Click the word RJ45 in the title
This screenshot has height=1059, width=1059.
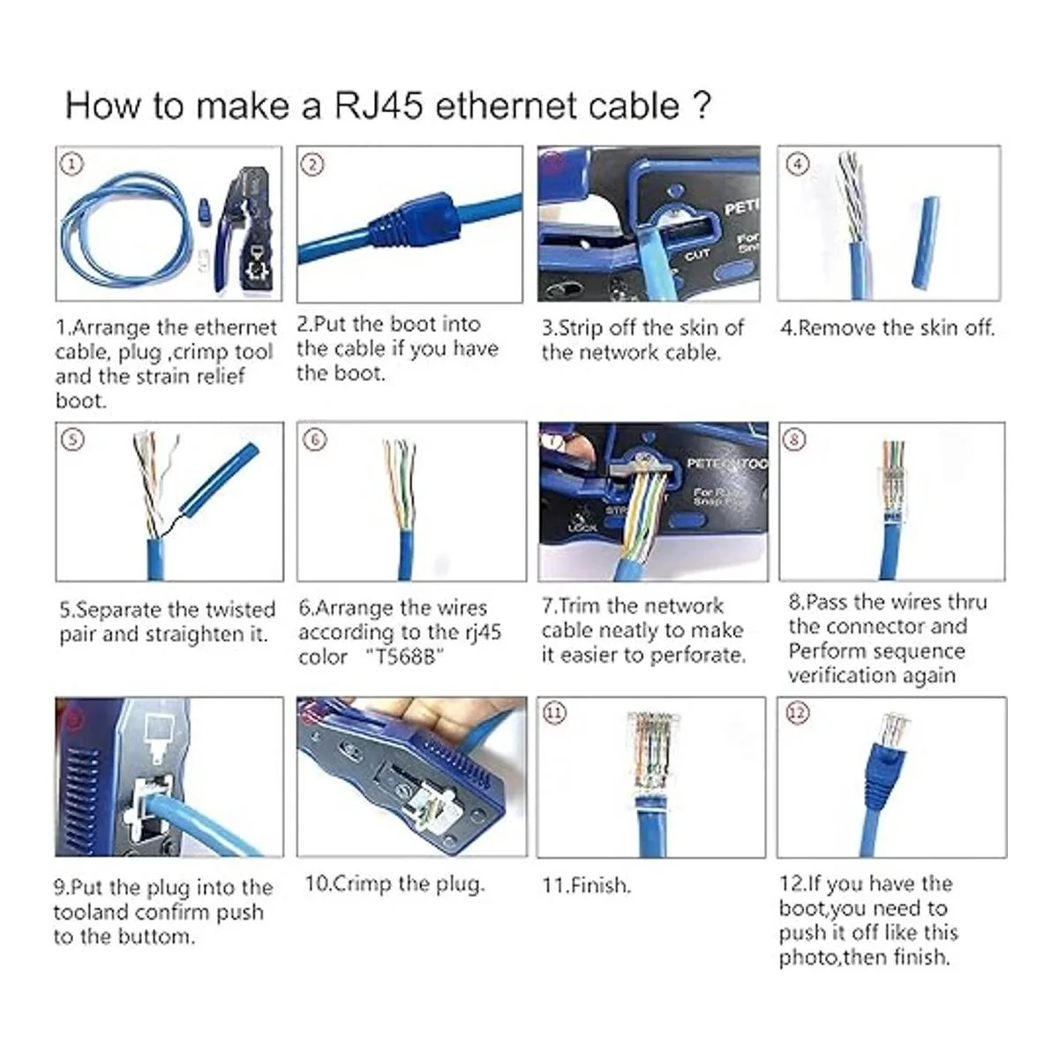pos(379,106)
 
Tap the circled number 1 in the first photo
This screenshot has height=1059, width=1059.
pos(72,164)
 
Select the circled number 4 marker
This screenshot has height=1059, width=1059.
pos(798,164)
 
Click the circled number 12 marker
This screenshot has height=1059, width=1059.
pos(798,713)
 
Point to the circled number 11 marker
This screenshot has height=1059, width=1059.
pos(555,713)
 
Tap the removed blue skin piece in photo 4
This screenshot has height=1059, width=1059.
pos(925,242)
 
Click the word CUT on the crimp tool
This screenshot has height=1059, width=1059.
pos(697,255)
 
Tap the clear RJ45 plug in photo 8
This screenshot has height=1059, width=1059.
pos(892,484)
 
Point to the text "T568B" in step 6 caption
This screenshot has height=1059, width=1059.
pos(404,657)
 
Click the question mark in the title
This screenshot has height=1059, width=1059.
pos(702,106)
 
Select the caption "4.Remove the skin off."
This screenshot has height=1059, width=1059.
pos(888,328)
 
